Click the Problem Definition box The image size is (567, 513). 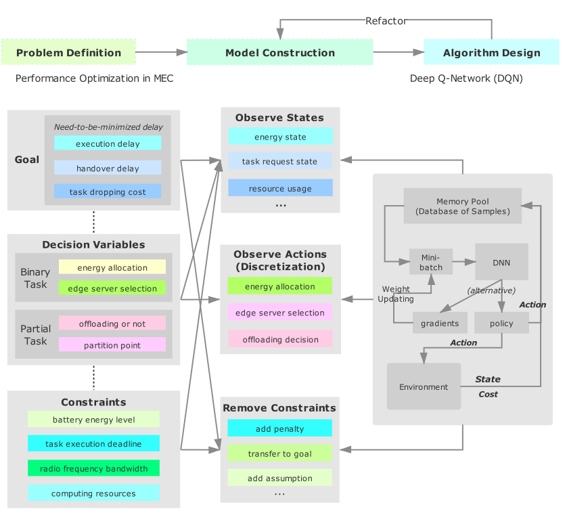pyautogui.click(x=68, y=53)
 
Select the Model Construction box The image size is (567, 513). pyautogui.click(x=279, y=53)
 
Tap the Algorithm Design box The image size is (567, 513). pyautogui.click(x=491, y=53)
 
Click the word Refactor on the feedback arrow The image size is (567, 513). pyautogui.click(x=386, y=21)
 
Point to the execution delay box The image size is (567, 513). pyautogui.click(x=108, y=143)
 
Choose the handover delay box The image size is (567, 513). pyautogui.click(x=108, y=168)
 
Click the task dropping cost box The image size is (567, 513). pyautogui.click(x=108, y=192)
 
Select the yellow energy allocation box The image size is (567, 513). pyautogui.click(x=112, y=267)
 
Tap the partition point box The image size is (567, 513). pyautogui.click(x=112, y=345)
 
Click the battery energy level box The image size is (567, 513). pyautogui.click(x=93, y=420)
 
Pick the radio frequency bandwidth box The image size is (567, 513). pyautogui.click(x=93, y=468)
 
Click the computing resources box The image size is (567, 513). pyautogui.click(x=93, y=493)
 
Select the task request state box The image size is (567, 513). pyautogui.click(x=280, y=161)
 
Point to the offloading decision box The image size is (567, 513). pyautogui.click(x=280, y=339)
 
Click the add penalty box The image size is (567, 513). pyautogui.click(x=280, y=428)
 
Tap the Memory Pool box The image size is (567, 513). pyautogui.click(x=462, y=206)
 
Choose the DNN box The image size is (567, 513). pyautogui.click(x=501, y=262)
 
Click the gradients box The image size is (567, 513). pyautogui.click(x=440, y=324)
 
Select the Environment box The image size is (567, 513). pyautogui.click(x=424, y=386)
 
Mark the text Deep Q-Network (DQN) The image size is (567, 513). pyautogui.click(x=466, y=79)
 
